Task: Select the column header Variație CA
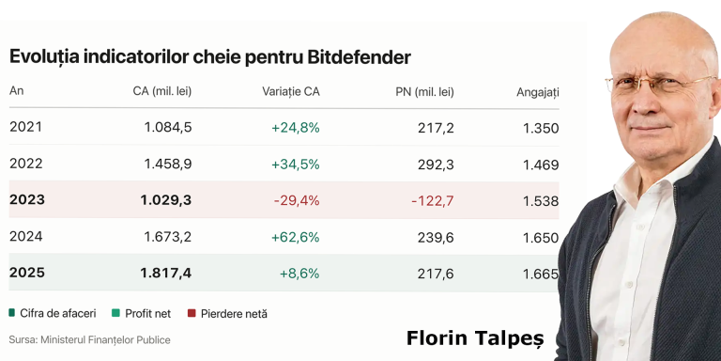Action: (291, 91)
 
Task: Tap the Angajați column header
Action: (538, 92)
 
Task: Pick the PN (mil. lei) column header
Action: (425, 92)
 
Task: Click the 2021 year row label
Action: (25, 127)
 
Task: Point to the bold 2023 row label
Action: (27, 200)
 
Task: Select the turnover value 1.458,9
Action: (168, 164)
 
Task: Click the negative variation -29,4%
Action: (297, 200)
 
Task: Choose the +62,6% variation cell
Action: (295, 237)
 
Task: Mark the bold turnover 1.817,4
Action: (166, 273)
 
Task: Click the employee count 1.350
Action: (541, 128)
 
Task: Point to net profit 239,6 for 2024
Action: (436, 237)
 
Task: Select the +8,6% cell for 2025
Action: (299, 274)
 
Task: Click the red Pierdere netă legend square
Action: (192, 314)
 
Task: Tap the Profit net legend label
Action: (148, 314)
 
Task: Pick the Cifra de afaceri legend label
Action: (58, 314)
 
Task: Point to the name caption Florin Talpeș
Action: (475, 338)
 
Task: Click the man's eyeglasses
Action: (660, 85)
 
